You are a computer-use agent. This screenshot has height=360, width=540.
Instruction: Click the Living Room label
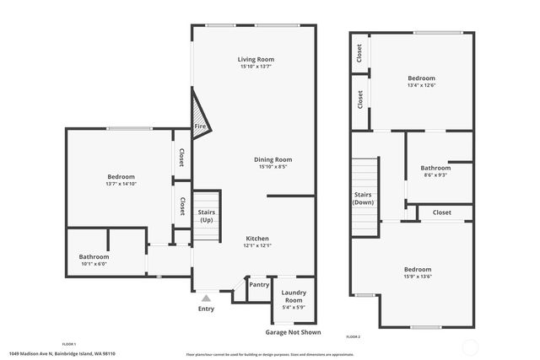click(256, 59)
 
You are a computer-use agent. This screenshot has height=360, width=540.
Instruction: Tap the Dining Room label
click(273, 159)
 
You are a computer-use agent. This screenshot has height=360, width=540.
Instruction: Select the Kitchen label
click(257, 238)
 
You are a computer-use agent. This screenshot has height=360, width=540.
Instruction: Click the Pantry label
click(259, 285)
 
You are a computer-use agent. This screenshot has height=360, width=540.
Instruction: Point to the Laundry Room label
click(294, 298)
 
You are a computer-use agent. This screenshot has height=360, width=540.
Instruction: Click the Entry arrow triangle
click(206, 298)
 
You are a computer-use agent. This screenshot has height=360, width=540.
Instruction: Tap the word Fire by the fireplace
click(201, 126)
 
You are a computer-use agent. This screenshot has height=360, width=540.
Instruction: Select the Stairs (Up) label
click(207, 216)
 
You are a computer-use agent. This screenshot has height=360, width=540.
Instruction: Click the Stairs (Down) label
click(364, 198)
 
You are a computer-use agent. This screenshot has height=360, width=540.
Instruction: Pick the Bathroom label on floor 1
click(94, 256)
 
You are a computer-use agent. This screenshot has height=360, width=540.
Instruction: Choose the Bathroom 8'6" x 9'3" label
click(435, 168)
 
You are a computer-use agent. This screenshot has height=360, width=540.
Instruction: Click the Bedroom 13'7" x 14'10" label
click(121, 176)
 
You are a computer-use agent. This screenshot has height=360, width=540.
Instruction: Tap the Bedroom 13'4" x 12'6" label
click(422, 78)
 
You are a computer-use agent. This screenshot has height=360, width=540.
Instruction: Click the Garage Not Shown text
click(294, 333)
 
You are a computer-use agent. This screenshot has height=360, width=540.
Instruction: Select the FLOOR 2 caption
click(353, 337)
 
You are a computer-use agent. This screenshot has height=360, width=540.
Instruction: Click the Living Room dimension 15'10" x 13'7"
click(256, 67)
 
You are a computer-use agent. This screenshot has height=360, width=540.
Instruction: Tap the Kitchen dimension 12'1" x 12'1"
click(257, 245)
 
